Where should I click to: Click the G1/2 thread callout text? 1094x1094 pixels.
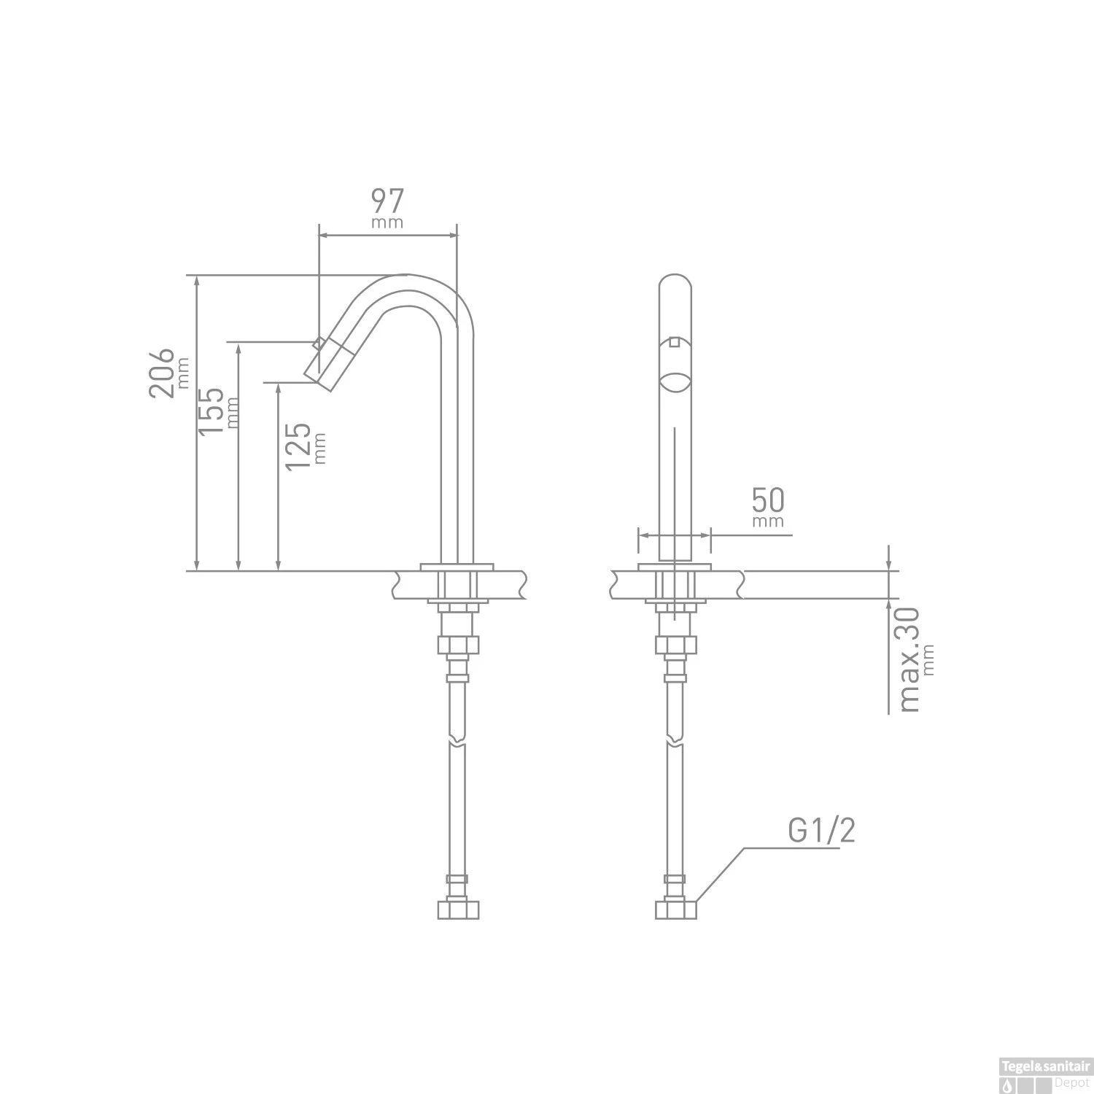coord(820,831)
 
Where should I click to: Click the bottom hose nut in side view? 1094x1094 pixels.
coord(458,909)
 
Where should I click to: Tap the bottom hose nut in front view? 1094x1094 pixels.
coord(675,909)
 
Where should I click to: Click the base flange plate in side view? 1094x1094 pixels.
coord(457,566)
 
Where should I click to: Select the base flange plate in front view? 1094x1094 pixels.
coord(675,566)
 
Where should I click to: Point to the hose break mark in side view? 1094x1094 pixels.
coord(457,742)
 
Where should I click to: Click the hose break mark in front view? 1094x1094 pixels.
coord(675,742)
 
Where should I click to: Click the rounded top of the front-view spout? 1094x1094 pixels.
coord(675,281)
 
